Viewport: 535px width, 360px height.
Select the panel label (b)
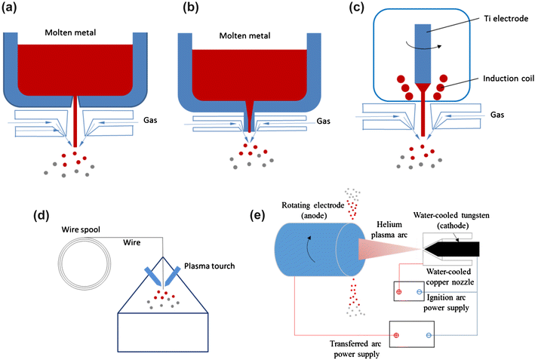(193, 10)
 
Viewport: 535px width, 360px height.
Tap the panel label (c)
(367, 10)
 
